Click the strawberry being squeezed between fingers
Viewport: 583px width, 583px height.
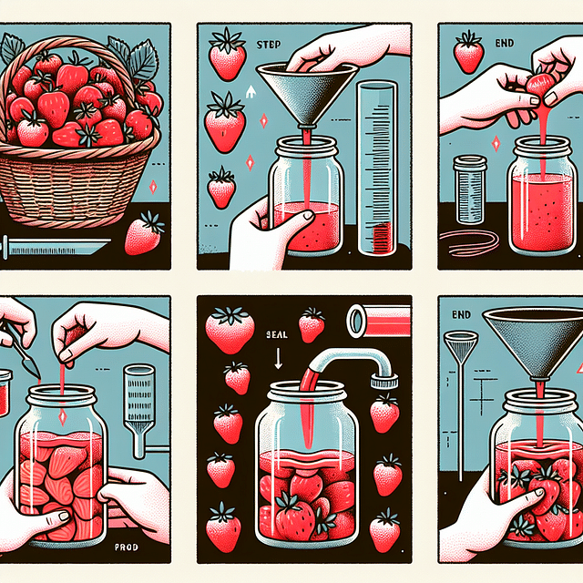click(x=541, y=83)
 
